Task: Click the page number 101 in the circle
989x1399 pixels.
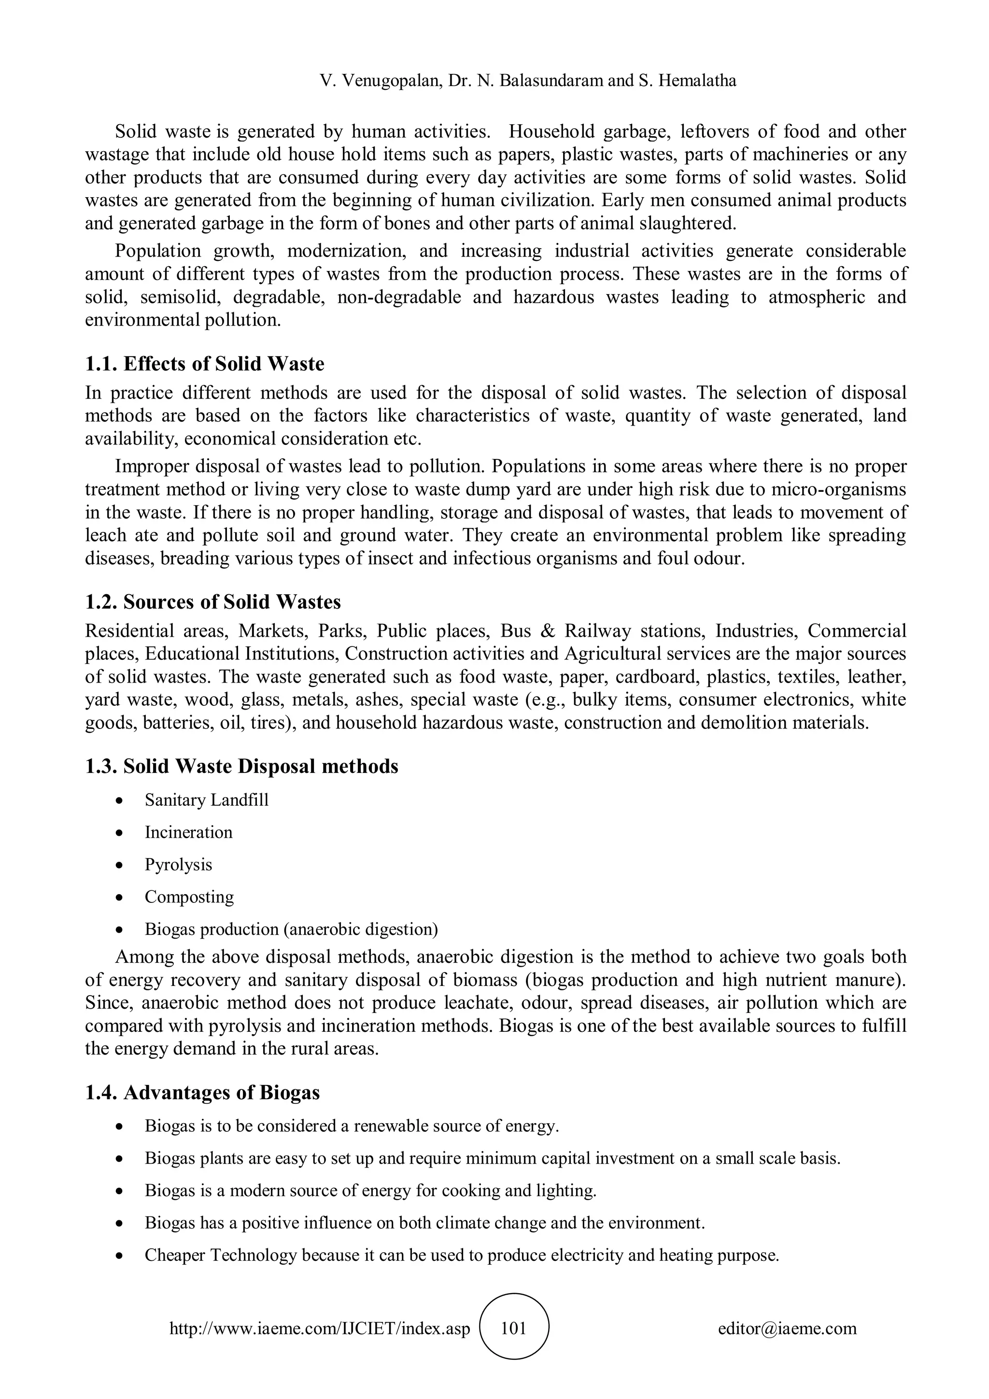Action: [513, 1328]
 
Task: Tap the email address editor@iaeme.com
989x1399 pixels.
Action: [787, 1328]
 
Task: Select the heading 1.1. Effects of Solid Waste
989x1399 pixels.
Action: [205, 364]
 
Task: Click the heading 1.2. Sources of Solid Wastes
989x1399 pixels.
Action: [213, 601]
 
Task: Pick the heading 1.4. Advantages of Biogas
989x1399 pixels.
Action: [202, 1093]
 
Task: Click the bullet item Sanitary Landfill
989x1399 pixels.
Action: [207, 799]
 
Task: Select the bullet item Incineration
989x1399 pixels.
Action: [188, 832]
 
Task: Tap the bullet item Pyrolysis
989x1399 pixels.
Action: [178, 864]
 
